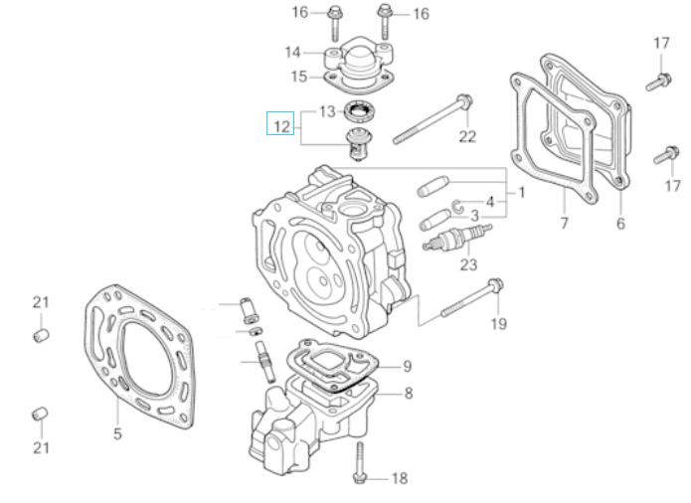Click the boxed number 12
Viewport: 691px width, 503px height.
pyautogui.click(x=280, y=126)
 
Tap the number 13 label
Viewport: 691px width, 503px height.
pyautogui.click(x=327, y=111)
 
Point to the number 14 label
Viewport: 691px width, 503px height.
pyautogui.click(x=292, y=52)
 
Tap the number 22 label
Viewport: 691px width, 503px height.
pyautogui.click(x=467, y=136)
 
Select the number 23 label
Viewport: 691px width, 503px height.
pyautogui.click(x=468, y=264)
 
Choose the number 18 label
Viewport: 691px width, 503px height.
pyautogui.click(x=399, y=479)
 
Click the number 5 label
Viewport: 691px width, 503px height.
pyautogui.click(x=116, y=433)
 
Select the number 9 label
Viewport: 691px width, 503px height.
pyautogui.click(x=407, y=366)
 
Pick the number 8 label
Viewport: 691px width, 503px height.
pyautogui.click(x=408, y=393)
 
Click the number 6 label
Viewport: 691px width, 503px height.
pyautogui.click(x=620, y=224)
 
